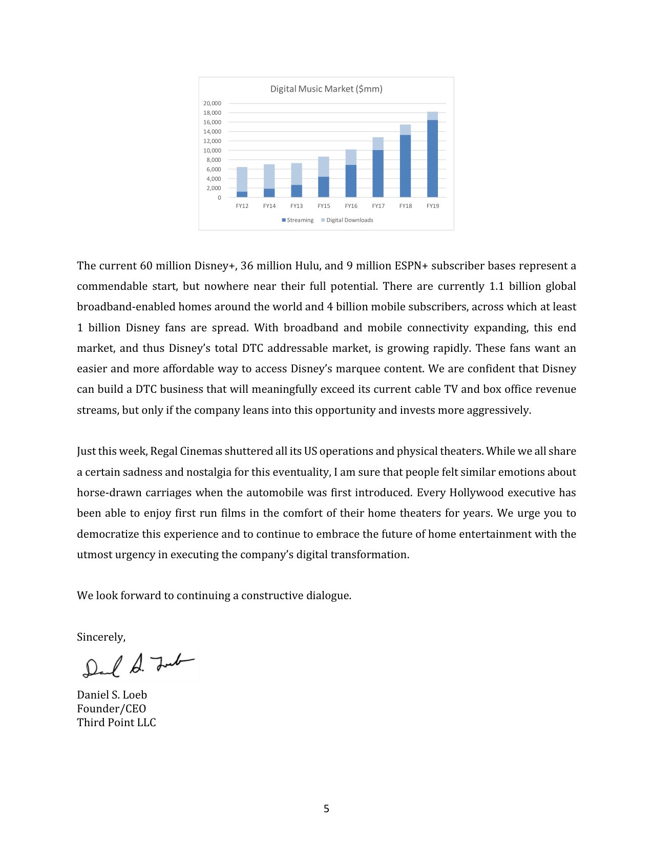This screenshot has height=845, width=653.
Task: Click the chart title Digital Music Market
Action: pos(326,89)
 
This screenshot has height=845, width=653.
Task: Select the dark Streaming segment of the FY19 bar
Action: pos(432,159)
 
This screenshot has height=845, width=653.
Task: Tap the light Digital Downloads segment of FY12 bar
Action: pos(242,179)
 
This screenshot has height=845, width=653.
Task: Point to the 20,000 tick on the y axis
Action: pos(212,103)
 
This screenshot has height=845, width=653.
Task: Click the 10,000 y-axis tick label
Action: pos(212,151)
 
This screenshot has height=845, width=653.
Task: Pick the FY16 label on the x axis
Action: pos(351,206)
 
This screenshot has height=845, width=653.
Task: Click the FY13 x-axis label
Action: pos(297,206)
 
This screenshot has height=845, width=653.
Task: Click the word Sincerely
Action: pos(101,637)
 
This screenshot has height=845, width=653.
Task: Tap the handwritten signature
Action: pos(138,667)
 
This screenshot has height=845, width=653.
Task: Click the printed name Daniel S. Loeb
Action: pos(112,695)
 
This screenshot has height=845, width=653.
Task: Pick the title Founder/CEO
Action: pos(111,709)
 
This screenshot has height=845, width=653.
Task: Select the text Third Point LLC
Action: pos(116,723)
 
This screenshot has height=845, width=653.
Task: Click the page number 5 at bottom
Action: pos(326,809)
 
